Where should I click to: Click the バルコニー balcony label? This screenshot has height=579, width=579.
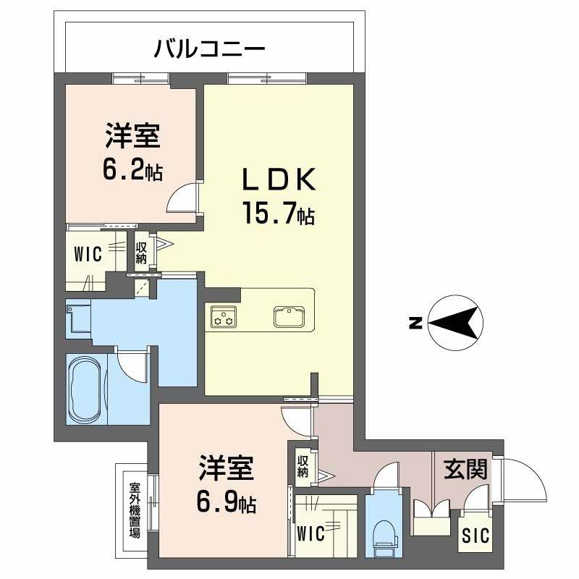(210, 50)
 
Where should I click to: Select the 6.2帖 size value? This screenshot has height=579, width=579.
(132, 170)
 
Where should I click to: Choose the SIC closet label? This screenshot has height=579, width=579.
(476, 536)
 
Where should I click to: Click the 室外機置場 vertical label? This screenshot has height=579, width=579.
(135, 510)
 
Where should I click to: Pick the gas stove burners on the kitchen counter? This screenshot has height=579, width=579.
(222, 317)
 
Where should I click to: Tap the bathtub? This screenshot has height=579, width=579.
(86, 388)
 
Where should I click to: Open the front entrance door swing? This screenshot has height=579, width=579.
(523, 483)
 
